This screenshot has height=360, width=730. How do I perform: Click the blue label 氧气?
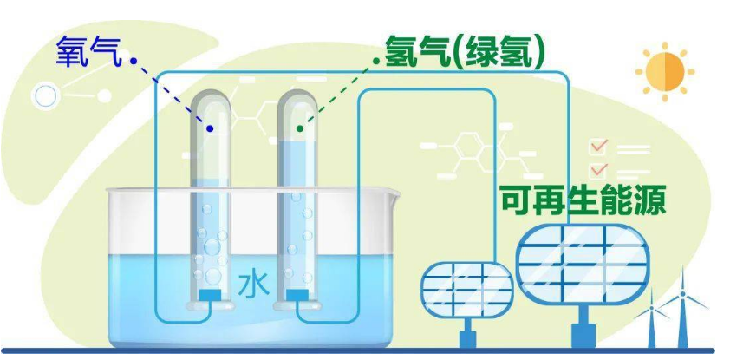(88, 51)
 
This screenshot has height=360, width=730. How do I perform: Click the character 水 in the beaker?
(254, 285)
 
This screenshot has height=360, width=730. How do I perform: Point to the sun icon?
(665, 72)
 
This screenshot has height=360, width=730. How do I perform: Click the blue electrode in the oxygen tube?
(210, 295)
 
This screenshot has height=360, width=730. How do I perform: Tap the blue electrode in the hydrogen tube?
(297, 295)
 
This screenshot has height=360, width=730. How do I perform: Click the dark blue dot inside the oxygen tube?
(210, 128)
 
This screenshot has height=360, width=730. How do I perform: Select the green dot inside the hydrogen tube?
(300, 128)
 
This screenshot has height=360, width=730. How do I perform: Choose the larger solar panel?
(583, 264)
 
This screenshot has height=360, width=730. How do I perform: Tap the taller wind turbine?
(682, 307)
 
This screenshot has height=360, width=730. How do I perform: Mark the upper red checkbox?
(598, 147)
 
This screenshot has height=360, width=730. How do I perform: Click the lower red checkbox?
(598, 171)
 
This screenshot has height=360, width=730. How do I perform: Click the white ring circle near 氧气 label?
(45, 96)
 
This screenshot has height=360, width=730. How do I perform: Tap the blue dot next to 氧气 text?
(134, 61)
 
